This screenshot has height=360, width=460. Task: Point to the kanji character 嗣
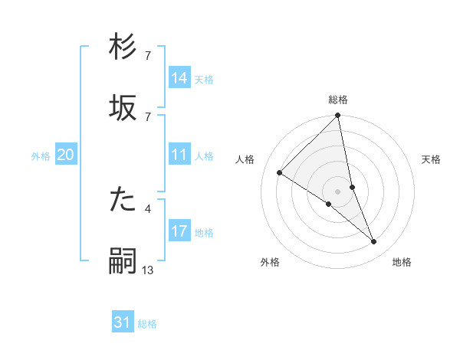pyautogui.click(x=123, y=261)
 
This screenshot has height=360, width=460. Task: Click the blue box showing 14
pyautogui.click(x=179, y=77)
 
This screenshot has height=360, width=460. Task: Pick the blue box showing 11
pyautogui.click(x=179, y=155)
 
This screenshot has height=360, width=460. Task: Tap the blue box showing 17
pyautogui.click(x=179, y=231)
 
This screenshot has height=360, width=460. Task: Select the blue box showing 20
pyautogui.click(x=66, y=155)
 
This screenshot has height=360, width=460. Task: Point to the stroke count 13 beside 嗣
pyautogui.click(x=148, y=270)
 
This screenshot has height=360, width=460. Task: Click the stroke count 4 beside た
pyautogui.click(x=148, y=208)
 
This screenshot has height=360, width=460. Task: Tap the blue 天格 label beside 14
pyautogui.click(x=204, y=79)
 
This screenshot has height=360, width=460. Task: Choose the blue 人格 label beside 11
pyautogui.click(x=204, y=156)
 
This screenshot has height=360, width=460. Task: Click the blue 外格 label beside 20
pyautogui.click(x=41, y=156)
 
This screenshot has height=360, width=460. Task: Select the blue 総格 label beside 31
pyautogui.click(x=147, y=325)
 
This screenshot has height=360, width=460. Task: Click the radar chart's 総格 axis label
pyautogui.click(x=338, y=100)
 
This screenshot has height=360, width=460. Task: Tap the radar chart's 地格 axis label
pyautogui.click(x=402, y=263)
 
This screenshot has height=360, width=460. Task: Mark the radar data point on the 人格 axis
pyautogui.click(x=280, y=173)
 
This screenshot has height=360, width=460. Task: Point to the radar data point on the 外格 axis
pyautogui.click(x=329, y=204)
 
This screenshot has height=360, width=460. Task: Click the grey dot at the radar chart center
pyautogui.click(x=338, y=191)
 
